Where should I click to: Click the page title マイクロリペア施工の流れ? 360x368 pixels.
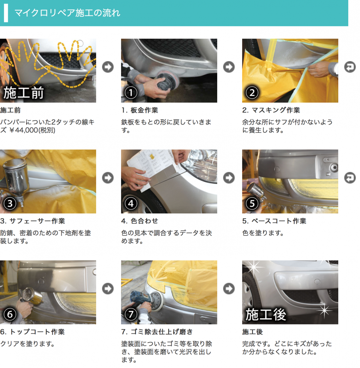(67, 13)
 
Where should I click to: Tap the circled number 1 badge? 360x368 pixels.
(131, 92)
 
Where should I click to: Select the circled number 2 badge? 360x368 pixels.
(252, 92)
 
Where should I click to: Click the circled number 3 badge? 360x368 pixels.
(10, 203)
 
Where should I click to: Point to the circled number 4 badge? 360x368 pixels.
(131, 203)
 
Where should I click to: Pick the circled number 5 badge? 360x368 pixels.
(252, 203)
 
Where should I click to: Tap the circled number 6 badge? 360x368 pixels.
(10, 314)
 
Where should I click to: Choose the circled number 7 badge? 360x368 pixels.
(131, 314)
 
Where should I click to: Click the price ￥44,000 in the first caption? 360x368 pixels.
(24, 130)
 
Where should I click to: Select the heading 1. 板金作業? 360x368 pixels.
(140, 110)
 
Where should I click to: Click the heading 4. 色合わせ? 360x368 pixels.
(140, 221)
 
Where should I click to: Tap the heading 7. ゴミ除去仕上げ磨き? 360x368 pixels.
(157, 332)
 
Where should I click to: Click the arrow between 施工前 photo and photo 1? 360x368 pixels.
(108, 67)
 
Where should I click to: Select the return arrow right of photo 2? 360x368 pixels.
(350, 67)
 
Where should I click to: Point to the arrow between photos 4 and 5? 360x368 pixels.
(229, 178)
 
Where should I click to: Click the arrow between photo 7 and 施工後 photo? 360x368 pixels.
(229, 289)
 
